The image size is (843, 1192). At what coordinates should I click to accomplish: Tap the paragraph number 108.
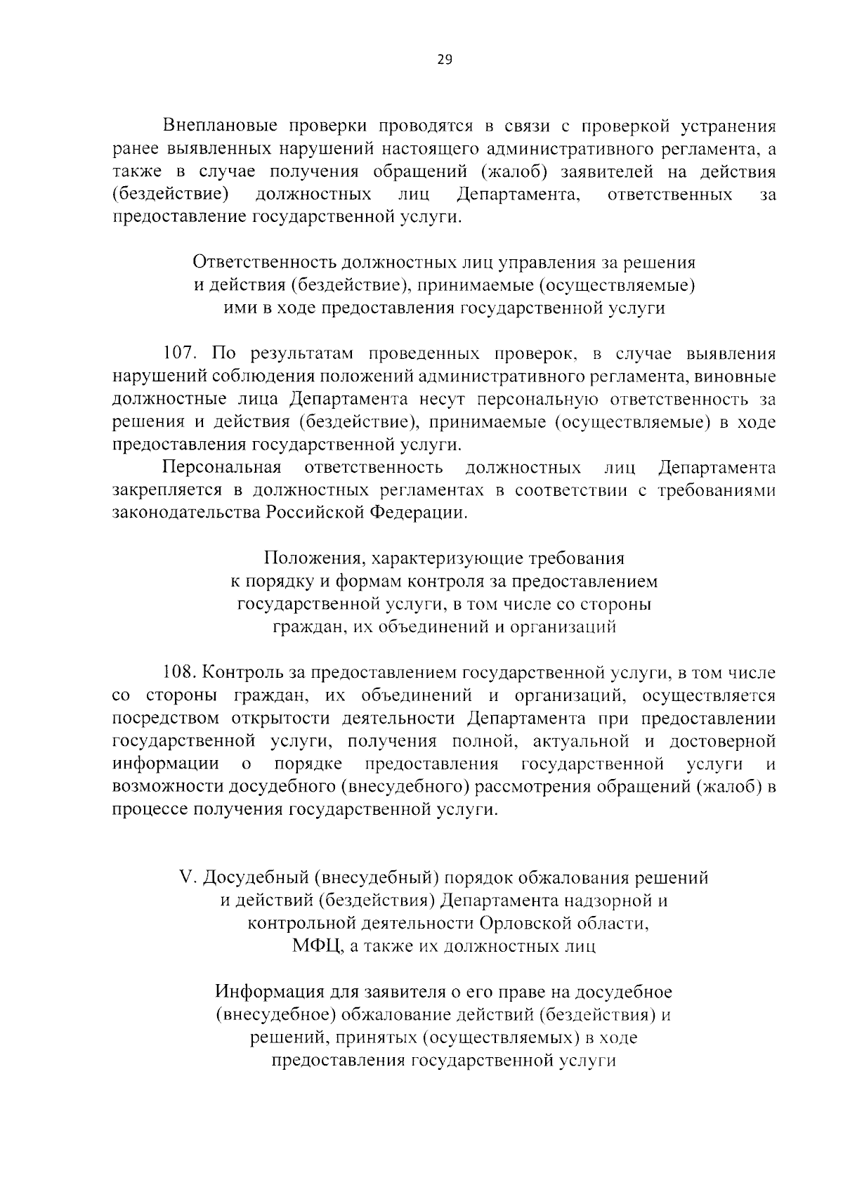(179, 673)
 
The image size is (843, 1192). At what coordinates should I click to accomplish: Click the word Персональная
(222, 468)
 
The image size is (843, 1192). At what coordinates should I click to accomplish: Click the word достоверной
(723, 742)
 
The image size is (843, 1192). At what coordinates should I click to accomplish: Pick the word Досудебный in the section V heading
(254, 878)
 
